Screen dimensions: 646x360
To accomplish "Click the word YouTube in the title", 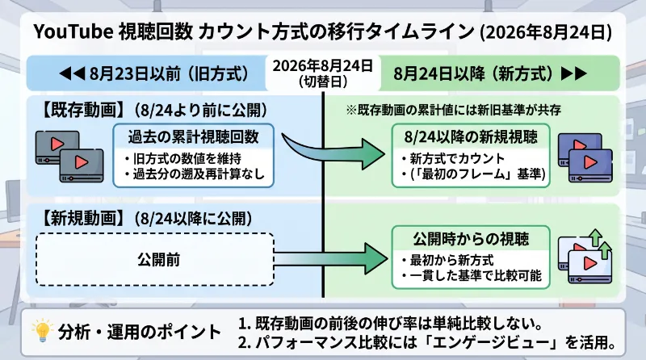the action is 73,31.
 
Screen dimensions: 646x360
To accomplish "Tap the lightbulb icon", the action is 42,331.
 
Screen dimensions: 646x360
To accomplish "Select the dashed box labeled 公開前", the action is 155,259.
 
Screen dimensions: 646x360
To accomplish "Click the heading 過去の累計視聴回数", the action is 193,137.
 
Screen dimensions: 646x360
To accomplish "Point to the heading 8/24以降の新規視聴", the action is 471,137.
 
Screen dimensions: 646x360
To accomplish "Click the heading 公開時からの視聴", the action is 471,239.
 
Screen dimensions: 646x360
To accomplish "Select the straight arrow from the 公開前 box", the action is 331,258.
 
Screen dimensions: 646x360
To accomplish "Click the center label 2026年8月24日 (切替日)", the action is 323,73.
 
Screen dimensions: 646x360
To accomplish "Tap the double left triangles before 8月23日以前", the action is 72,73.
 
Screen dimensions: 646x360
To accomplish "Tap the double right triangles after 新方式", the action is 574,73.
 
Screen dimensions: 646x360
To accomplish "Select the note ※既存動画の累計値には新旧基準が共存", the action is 454,110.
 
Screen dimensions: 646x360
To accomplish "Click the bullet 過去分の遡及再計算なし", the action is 195,174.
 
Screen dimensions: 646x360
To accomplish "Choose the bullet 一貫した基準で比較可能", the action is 472,275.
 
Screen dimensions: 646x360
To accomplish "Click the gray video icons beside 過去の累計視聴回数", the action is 69,157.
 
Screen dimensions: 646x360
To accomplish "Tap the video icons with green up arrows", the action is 585,257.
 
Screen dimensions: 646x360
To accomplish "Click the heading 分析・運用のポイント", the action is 140,332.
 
